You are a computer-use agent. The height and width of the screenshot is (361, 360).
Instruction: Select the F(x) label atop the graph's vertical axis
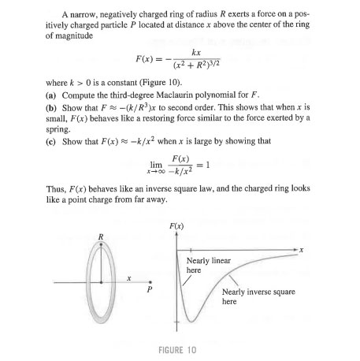pyautogui.click(x=180, y=228)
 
